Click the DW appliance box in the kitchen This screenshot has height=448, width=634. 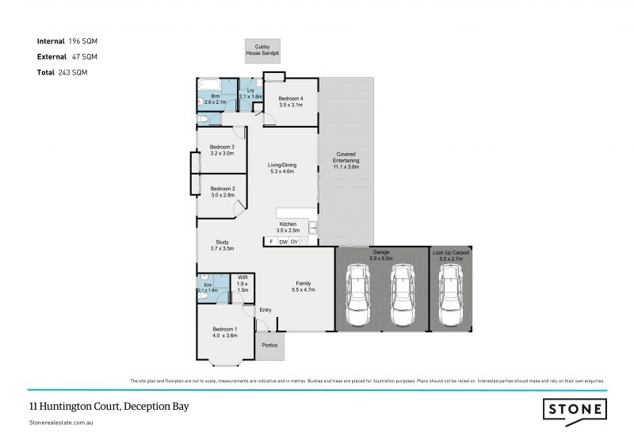(283, 241)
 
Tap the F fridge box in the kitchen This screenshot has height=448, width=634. (271, 241)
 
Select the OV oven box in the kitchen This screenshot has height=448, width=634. (294, 241)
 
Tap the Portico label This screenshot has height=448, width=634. (269, 345)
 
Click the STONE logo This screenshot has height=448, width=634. (575, 410)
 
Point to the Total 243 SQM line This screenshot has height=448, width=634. (62, 72)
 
